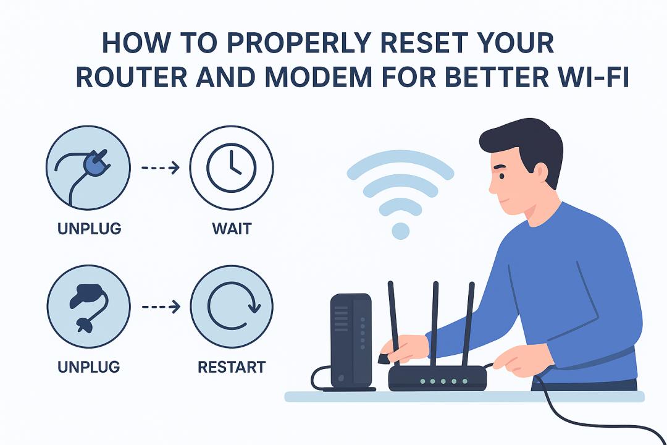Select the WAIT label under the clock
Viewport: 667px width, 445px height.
232,229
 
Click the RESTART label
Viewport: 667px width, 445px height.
232,367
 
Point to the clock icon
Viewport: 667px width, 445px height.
232,167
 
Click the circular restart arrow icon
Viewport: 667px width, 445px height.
209,307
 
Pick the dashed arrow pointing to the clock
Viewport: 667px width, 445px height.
161,167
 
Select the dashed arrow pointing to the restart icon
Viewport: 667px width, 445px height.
161,307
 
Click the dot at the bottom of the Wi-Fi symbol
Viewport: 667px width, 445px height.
400,231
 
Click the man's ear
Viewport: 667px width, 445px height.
540,172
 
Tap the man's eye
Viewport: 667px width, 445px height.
502,176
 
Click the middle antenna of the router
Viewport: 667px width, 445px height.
434,324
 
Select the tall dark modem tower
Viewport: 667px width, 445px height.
351,341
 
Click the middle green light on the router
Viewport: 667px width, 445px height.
443,381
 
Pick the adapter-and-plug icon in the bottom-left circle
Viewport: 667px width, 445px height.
88,307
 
